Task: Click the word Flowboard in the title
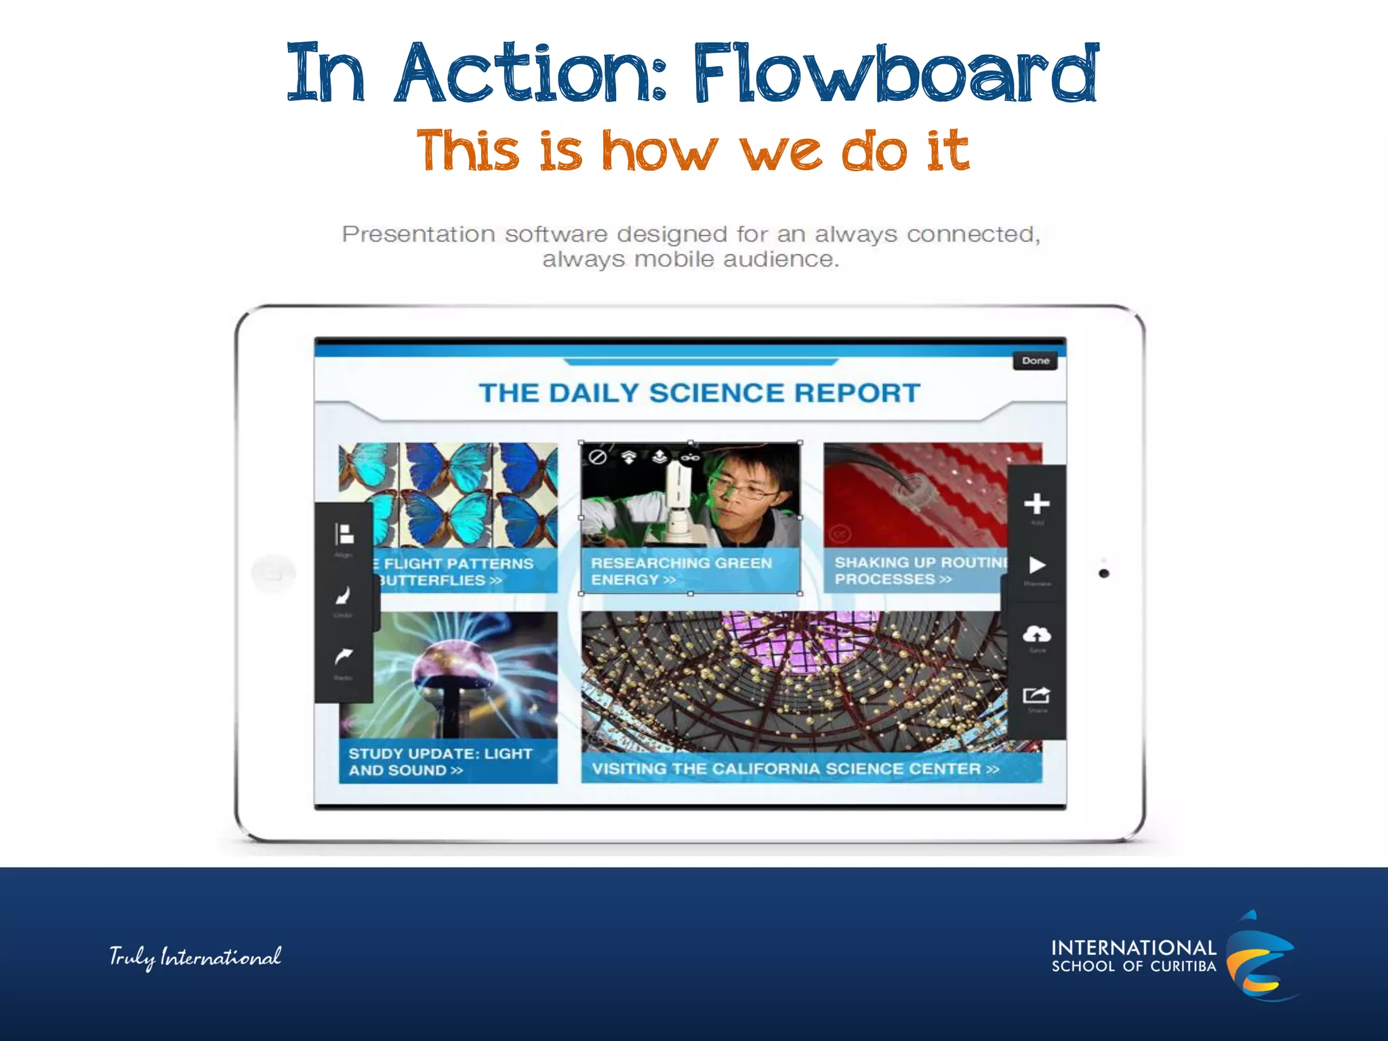click(x=895, y=73)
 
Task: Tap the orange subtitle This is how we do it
click(x=693, y=150)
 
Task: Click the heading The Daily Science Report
click(x=699, y=393)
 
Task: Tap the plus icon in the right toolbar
click(x=1036, y=504)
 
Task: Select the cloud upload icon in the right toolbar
click(x=1036, y=634)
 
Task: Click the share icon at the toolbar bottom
click(x=1036, y=696)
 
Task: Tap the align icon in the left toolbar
click(x=344, y=535)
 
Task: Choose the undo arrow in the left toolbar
click(x=344, y=596)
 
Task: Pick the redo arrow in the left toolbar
click(x=344, y=657)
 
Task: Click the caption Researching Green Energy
click(x=681, y=571)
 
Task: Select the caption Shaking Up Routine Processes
click(x=918, y=571)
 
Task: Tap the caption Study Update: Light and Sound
click(x=441, y=762)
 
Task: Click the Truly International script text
click(x=195, y=957)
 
